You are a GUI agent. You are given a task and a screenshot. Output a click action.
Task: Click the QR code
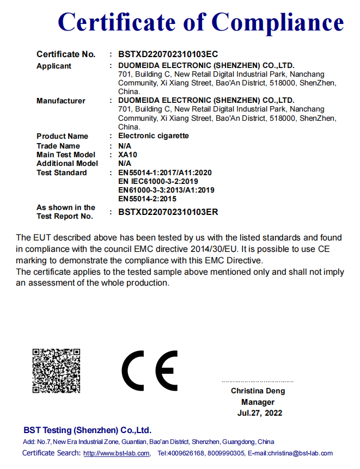(56, 371)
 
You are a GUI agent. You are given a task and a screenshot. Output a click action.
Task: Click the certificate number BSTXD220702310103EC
(168, 54)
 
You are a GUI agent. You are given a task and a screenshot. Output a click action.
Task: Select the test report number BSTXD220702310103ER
(168, 212)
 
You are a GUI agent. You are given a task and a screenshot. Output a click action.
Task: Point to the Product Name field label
(62, 136)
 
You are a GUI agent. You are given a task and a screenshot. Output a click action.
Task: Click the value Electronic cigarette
(154, 135)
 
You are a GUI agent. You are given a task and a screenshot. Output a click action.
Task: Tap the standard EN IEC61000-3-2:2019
(158, 181)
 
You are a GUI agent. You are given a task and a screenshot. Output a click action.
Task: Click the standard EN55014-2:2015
(147, 199)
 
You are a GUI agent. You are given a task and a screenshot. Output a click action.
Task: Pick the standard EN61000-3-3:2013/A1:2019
(166, 190)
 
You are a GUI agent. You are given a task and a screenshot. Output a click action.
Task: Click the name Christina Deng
(258, 391)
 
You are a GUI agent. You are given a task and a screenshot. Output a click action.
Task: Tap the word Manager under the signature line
(258, 402)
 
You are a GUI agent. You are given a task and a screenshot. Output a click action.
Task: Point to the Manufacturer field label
(61, 101)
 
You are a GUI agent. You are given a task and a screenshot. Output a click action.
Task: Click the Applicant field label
(54, 66)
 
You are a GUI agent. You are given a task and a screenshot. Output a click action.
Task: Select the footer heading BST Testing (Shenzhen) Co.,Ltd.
(87, 430)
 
